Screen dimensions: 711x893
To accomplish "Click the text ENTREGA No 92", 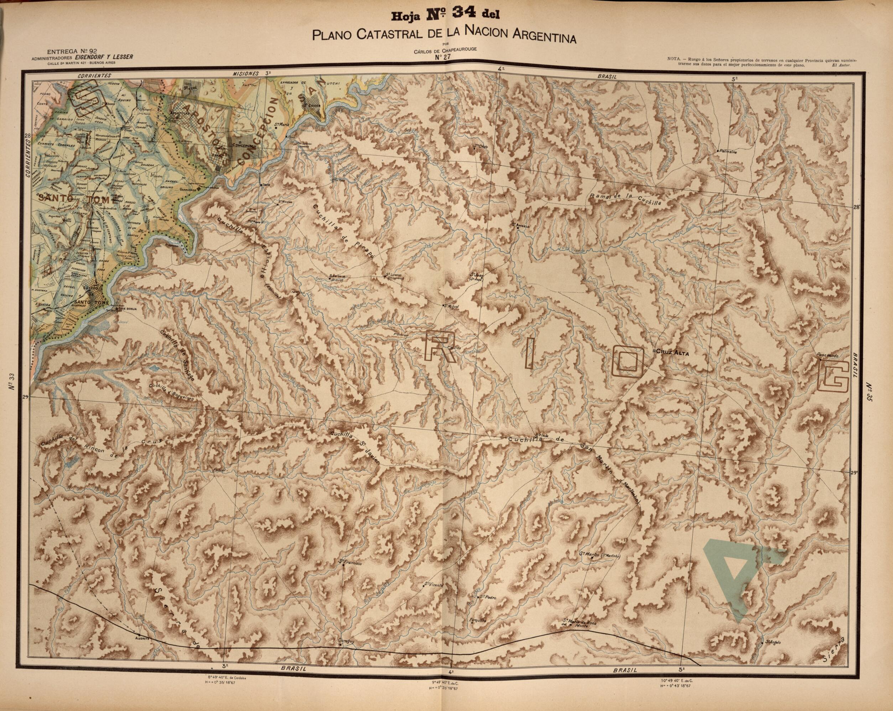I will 72,52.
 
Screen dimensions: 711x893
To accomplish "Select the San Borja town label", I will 128,308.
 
